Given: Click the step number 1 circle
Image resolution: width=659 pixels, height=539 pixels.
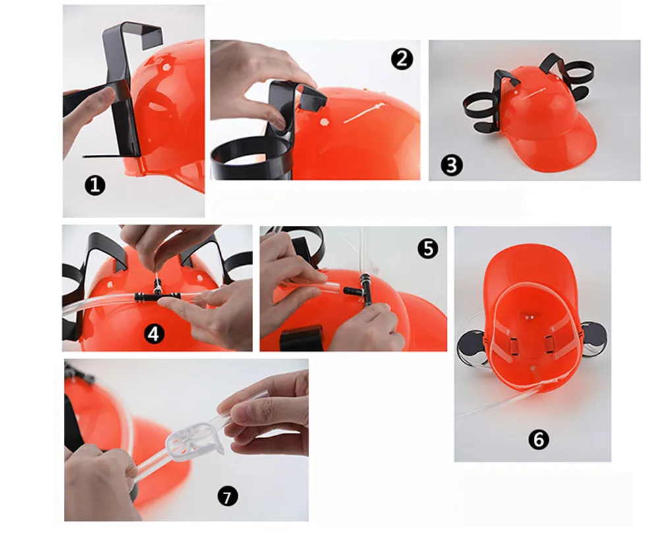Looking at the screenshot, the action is coord(96,185).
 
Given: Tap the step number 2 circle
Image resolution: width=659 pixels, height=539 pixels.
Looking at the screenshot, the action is coord(402,59).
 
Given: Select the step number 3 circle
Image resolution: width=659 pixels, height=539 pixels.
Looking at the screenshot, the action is coord(452,165).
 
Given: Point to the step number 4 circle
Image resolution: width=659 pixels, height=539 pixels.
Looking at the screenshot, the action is coord(154,334).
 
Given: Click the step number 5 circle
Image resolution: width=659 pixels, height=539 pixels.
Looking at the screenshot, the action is coord(428,248).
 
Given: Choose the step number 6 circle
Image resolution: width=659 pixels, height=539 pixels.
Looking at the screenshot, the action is coord(539,440).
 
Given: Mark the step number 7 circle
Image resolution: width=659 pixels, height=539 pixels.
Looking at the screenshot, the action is coord(228,497).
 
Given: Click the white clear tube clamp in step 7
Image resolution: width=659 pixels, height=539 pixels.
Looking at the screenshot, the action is coord(196,441).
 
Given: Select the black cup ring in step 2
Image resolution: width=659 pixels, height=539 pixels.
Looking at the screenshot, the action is coord(249,159).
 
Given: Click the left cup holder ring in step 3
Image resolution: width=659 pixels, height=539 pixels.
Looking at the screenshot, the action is coord(483,105).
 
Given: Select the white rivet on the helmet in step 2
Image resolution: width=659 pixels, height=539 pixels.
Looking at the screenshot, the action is coord(324,123).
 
